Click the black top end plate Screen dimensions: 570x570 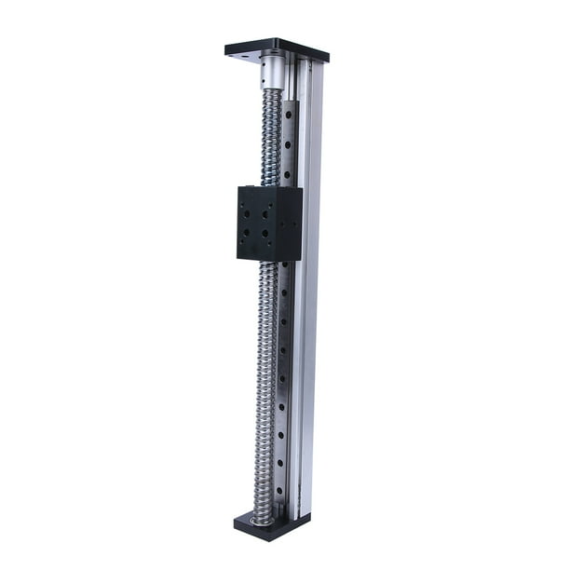point(277,47)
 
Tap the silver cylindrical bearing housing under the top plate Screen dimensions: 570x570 point(272,72)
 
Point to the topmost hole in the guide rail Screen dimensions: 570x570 point(290,115)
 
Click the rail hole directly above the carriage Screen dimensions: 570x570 point(288,173)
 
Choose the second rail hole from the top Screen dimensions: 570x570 point(289,144)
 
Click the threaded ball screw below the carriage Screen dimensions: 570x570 point(266,391)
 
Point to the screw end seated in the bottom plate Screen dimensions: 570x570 point(262,517)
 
